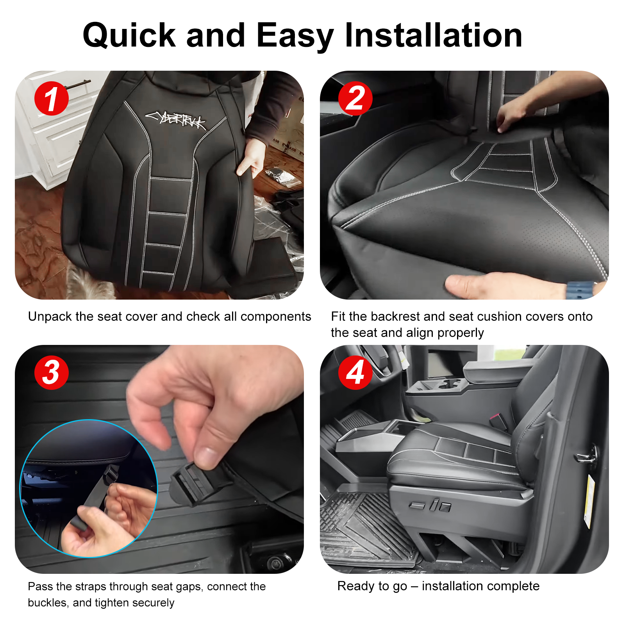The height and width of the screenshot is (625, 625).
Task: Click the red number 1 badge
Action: [52, 98]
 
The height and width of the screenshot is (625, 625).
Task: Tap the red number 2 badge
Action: [355, 98]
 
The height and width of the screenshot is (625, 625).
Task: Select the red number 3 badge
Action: [52, 372]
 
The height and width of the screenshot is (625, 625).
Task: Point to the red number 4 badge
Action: [355, 372]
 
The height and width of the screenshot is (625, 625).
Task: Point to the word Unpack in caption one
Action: [50, 317]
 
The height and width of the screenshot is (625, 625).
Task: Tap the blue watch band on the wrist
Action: [580, 290]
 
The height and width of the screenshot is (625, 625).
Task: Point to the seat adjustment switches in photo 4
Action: [430, 505]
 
